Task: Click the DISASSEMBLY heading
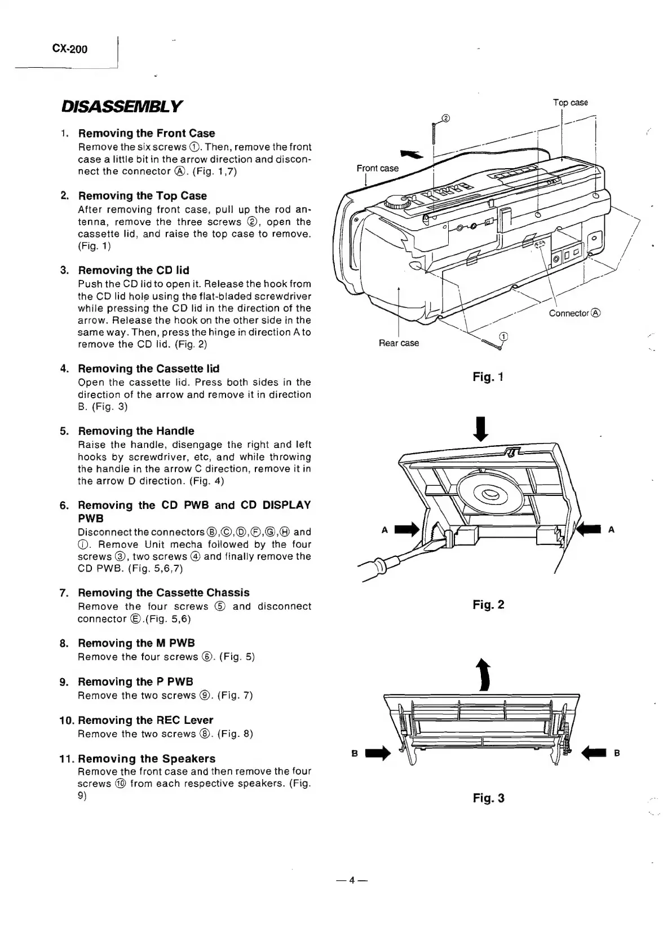click(x=121, y=106)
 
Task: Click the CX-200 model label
click(x=69, y=49)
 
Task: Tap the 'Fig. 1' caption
click(x=488, y=377)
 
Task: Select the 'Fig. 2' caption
click(x=488, y=605)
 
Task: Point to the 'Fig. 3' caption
click(x=488, y=798)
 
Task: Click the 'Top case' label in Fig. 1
click(x=570, y=103)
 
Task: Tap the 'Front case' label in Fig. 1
click(x=377, y=168)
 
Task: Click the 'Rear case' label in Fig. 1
click(x=399, y=343)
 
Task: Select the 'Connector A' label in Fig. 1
click(x=575, y=313)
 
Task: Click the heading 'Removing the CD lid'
click(x=134, y=270)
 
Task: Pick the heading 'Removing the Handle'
click(x=136, y=431)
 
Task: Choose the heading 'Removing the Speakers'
click(x=147, y=759)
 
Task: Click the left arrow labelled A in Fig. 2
click(x=408, y=529)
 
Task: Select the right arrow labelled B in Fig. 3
click(x=593, y=752)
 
